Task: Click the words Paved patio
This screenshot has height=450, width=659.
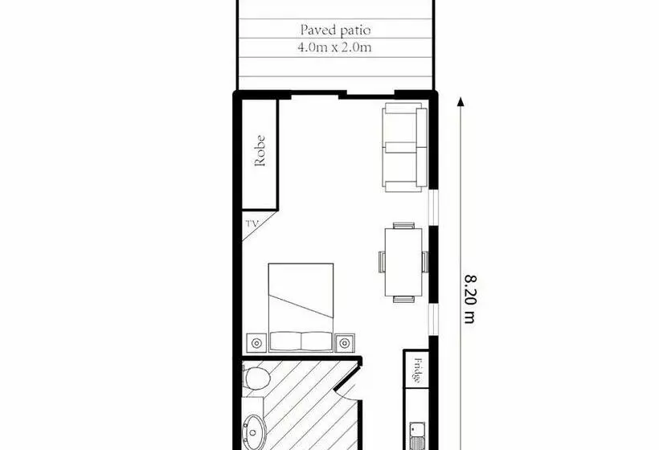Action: pyautogui.click(x=335, y=31)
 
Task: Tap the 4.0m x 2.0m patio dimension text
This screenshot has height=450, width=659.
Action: pyautogui.click(x=335, y=47)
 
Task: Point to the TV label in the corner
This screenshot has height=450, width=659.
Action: pyautogui.click(x=252, y=226)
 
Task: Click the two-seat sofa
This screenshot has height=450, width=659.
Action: pyautogui.click(x=405, y=148)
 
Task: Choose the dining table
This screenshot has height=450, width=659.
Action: pyautogui.click(x=403, y=262)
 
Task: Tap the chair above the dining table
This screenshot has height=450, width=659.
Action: pyautogui.click(x=403, y=225)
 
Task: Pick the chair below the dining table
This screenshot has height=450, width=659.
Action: pyautogui.click(x=403, y=299)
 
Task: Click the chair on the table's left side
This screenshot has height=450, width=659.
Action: pyautogui.click(x=383, y=262)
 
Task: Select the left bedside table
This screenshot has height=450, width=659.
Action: pyautogui.click(x=256, y=343)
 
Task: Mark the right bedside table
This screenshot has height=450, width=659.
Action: pyautogui.click(x=346, y=342)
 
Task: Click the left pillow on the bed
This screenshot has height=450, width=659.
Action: pyautogui.click(x=286, y=342)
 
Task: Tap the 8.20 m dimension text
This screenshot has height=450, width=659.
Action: pyautogui.click(x=470, y=297)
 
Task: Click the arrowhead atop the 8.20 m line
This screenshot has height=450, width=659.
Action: pyautogui.click(x=461, y=102)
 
